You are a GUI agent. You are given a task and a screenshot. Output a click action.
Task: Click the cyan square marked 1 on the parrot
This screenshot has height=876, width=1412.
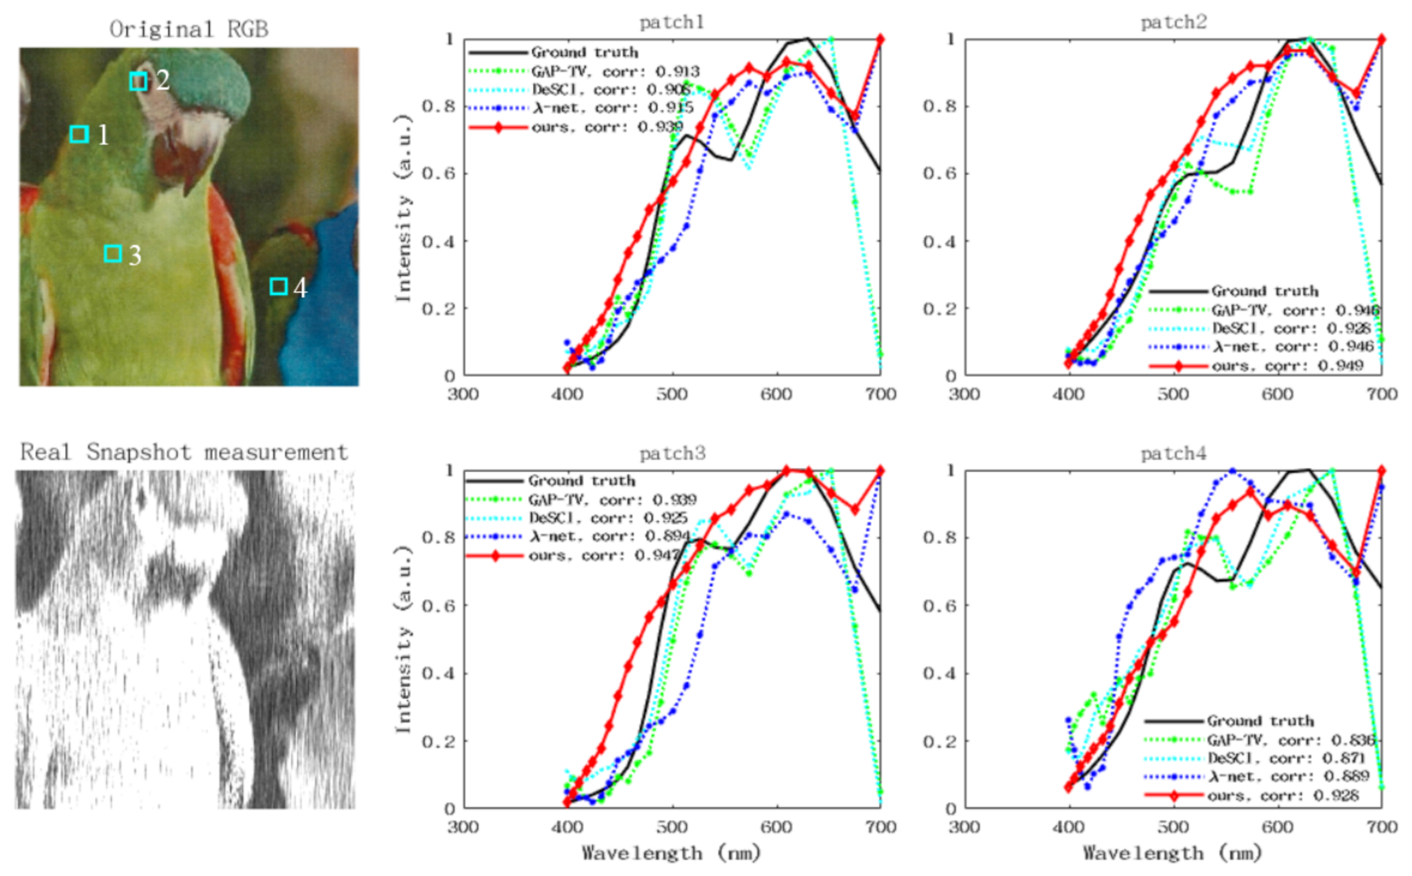[79, 134]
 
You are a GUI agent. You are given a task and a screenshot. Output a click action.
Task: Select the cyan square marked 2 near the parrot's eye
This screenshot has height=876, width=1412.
[138, 81]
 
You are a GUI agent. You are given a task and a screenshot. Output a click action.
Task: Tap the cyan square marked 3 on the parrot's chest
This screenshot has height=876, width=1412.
[113, 254]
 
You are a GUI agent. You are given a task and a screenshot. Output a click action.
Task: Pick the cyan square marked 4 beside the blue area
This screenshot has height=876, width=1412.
[278, 287]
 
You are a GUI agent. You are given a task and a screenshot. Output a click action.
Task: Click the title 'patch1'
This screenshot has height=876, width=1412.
[672, 22]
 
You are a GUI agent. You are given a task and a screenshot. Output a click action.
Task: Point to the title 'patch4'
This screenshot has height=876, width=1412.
[1173, 453]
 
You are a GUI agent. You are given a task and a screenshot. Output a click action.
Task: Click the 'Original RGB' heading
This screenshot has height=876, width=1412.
[189, 29]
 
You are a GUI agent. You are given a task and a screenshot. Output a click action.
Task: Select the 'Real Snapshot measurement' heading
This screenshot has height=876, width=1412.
[184, 452]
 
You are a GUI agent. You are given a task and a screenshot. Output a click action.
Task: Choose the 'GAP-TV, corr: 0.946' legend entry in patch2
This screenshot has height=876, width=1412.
[1295, 310]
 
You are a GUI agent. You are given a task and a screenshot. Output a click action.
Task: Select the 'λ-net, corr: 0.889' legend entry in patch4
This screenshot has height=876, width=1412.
[1290, 776]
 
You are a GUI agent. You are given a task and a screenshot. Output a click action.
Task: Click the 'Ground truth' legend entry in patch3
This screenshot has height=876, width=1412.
[582, 481]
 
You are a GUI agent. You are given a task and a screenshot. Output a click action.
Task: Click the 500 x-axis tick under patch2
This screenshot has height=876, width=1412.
[1173, 395]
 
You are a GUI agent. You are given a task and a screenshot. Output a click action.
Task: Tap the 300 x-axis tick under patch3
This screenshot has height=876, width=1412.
[463, 827]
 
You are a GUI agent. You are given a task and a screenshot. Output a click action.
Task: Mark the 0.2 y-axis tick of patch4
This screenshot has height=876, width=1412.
[939, 741]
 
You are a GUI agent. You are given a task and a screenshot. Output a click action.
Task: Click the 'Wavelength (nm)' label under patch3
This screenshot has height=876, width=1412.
[671, 853]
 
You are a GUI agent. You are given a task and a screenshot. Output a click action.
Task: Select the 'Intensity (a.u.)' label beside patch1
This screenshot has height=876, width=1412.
[403, 208]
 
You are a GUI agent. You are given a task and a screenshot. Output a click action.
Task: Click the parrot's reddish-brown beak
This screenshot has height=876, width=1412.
[178, 163]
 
